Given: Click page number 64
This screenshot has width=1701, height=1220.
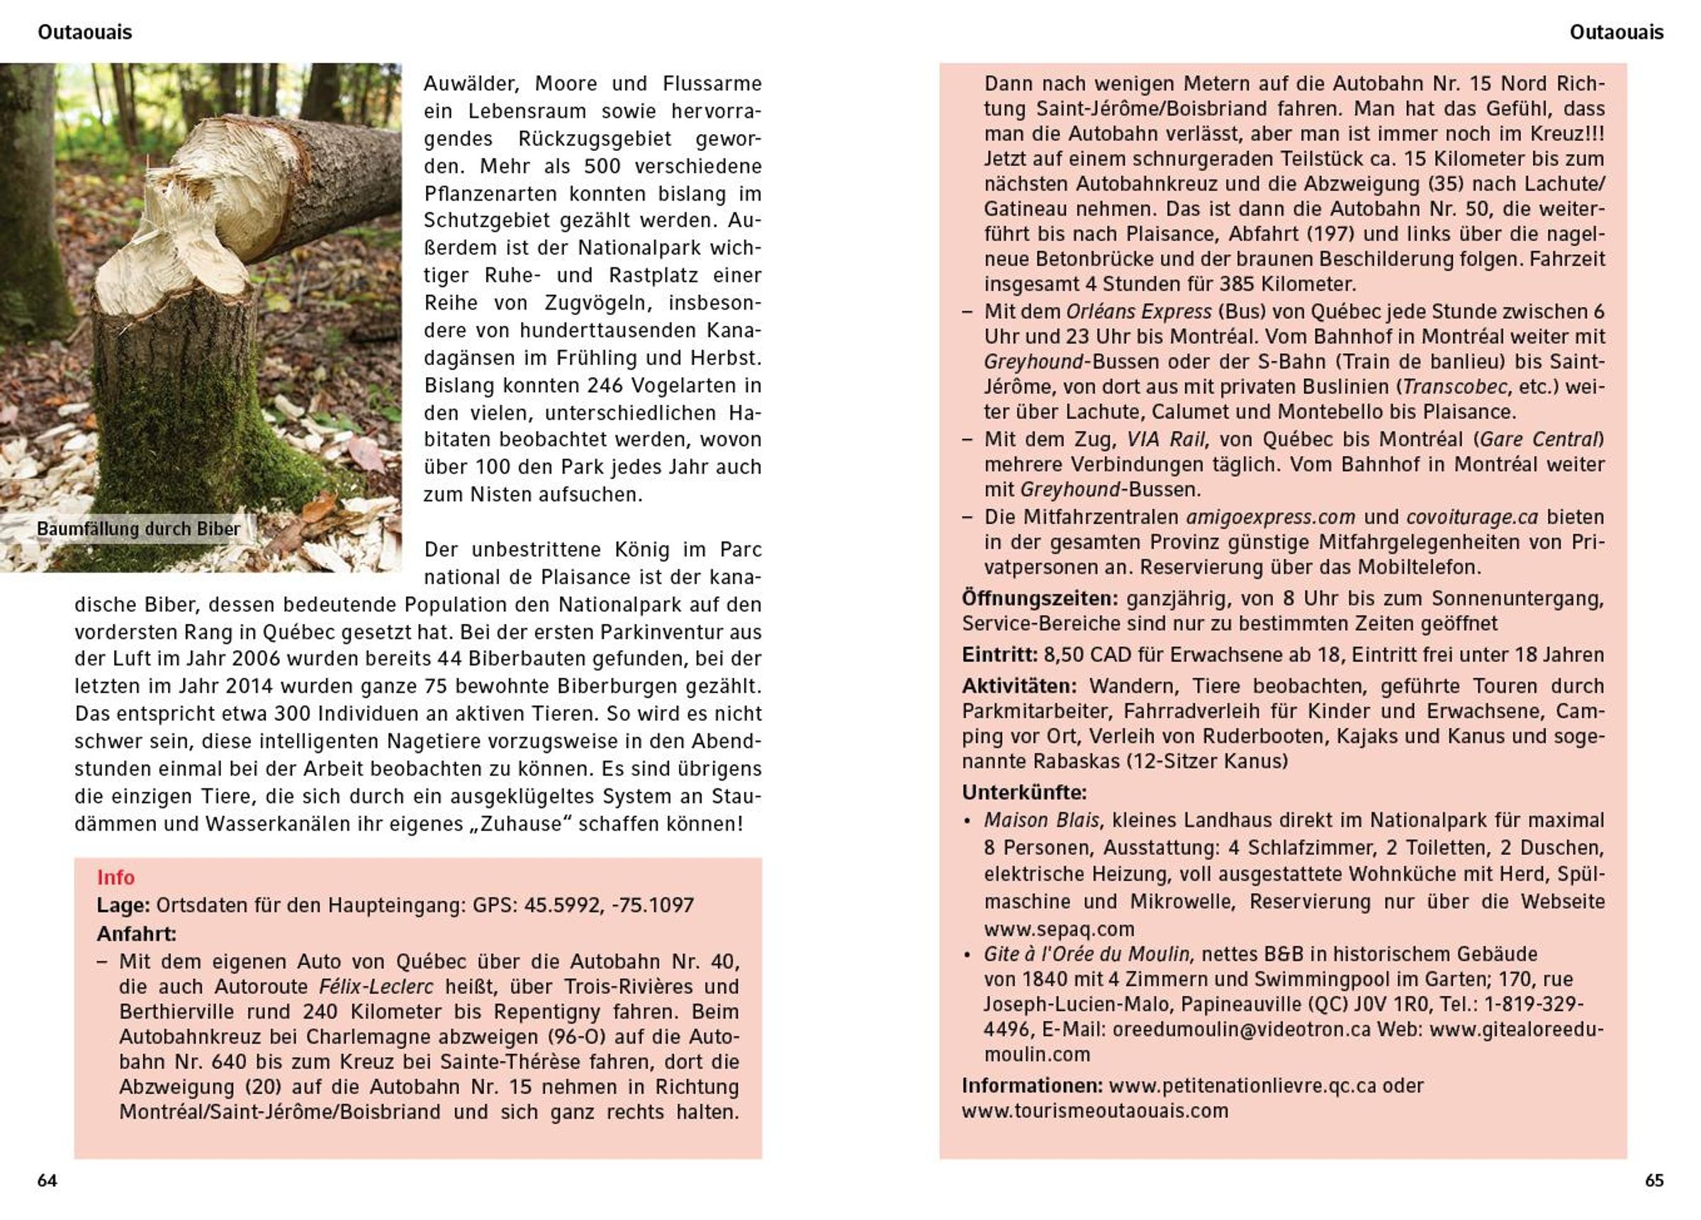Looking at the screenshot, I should tap(47, 1180).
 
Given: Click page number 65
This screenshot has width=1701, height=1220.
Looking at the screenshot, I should tap(1654, 1180).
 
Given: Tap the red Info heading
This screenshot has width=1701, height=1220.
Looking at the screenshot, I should tap(116, 877).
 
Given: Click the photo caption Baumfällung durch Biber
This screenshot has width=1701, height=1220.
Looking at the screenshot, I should tap(139, 529).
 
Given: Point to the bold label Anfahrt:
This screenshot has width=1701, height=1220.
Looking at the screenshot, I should tap(137, 934).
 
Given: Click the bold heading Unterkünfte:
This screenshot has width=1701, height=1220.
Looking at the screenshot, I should tap(1023, 793).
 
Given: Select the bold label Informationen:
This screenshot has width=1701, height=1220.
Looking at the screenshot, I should tap(1032, 1086).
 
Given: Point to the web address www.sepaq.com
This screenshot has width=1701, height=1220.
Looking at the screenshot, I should tap(1059, 929).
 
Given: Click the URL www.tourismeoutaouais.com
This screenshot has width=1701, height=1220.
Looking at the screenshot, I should tap(1095, 1110).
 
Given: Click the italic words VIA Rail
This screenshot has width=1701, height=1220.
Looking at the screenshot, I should tap(1165, 439).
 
